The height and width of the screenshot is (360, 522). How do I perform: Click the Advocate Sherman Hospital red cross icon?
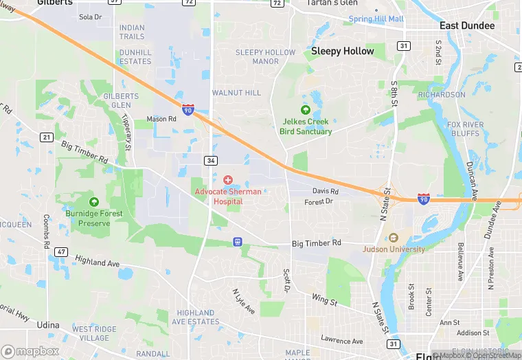coord(228,179)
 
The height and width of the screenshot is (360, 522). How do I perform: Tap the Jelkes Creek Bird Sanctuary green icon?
coord(306,110)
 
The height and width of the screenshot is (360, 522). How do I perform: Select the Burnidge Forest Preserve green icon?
coord(94,202)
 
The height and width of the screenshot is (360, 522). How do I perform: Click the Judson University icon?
coord(394,238)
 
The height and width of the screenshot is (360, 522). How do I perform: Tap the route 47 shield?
coord(62,252)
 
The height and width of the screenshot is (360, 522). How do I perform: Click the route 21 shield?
coord(46,137)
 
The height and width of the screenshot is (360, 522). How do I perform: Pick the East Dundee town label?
coord(467,26)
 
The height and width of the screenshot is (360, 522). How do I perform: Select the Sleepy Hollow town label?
coord(343,52)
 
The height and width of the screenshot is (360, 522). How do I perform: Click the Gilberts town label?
coord(55,3)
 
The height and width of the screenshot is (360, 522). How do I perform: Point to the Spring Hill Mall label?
coord(376,19)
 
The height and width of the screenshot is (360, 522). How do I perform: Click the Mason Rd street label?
coord(161,119)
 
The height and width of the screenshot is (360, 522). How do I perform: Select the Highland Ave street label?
coord(98,262)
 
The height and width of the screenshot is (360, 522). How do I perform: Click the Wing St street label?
coord(324,300)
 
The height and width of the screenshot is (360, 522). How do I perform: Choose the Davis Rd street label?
coord(326,191)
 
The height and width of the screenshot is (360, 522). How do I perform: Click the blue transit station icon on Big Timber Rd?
coord(238,242)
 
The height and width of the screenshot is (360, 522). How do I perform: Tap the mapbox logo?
coord(30,351)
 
